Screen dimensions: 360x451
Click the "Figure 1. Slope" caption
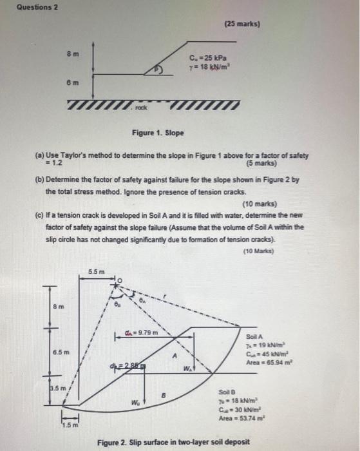(x=158, y=133)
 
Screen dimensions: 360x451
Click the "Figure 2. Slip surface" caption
(x=174, y=442)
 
